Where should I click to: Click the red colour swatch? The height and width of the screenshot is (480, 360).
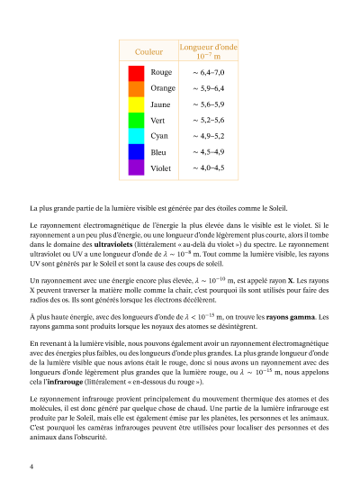click(x=136, y=73)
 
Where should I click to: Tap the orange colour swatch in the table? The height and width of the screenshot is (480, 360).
click(x=136, y=88)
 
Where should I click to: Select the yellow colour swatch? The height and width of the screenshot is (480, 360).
click(x=136, y=104)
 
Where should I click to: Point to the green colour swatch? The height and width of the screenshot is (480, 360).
click(x=136, y=120)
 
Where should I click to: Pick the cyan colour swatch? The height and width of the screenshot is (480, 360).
click(x=136, y=136)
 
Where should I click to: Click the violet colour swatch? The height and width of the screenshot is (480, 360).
click(x=136, y=168)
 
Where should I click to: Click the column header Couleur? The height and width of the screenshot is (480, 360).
click(x=136, y=51)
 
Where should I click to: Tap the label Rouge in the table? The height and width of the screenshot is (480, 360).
click(x=162, y=73)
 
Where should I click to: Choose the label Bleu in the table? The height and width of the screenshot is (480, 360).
click(x=158, y=152)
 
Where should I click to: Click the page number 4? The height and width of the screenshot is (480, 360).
click(x=31, y=466)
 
